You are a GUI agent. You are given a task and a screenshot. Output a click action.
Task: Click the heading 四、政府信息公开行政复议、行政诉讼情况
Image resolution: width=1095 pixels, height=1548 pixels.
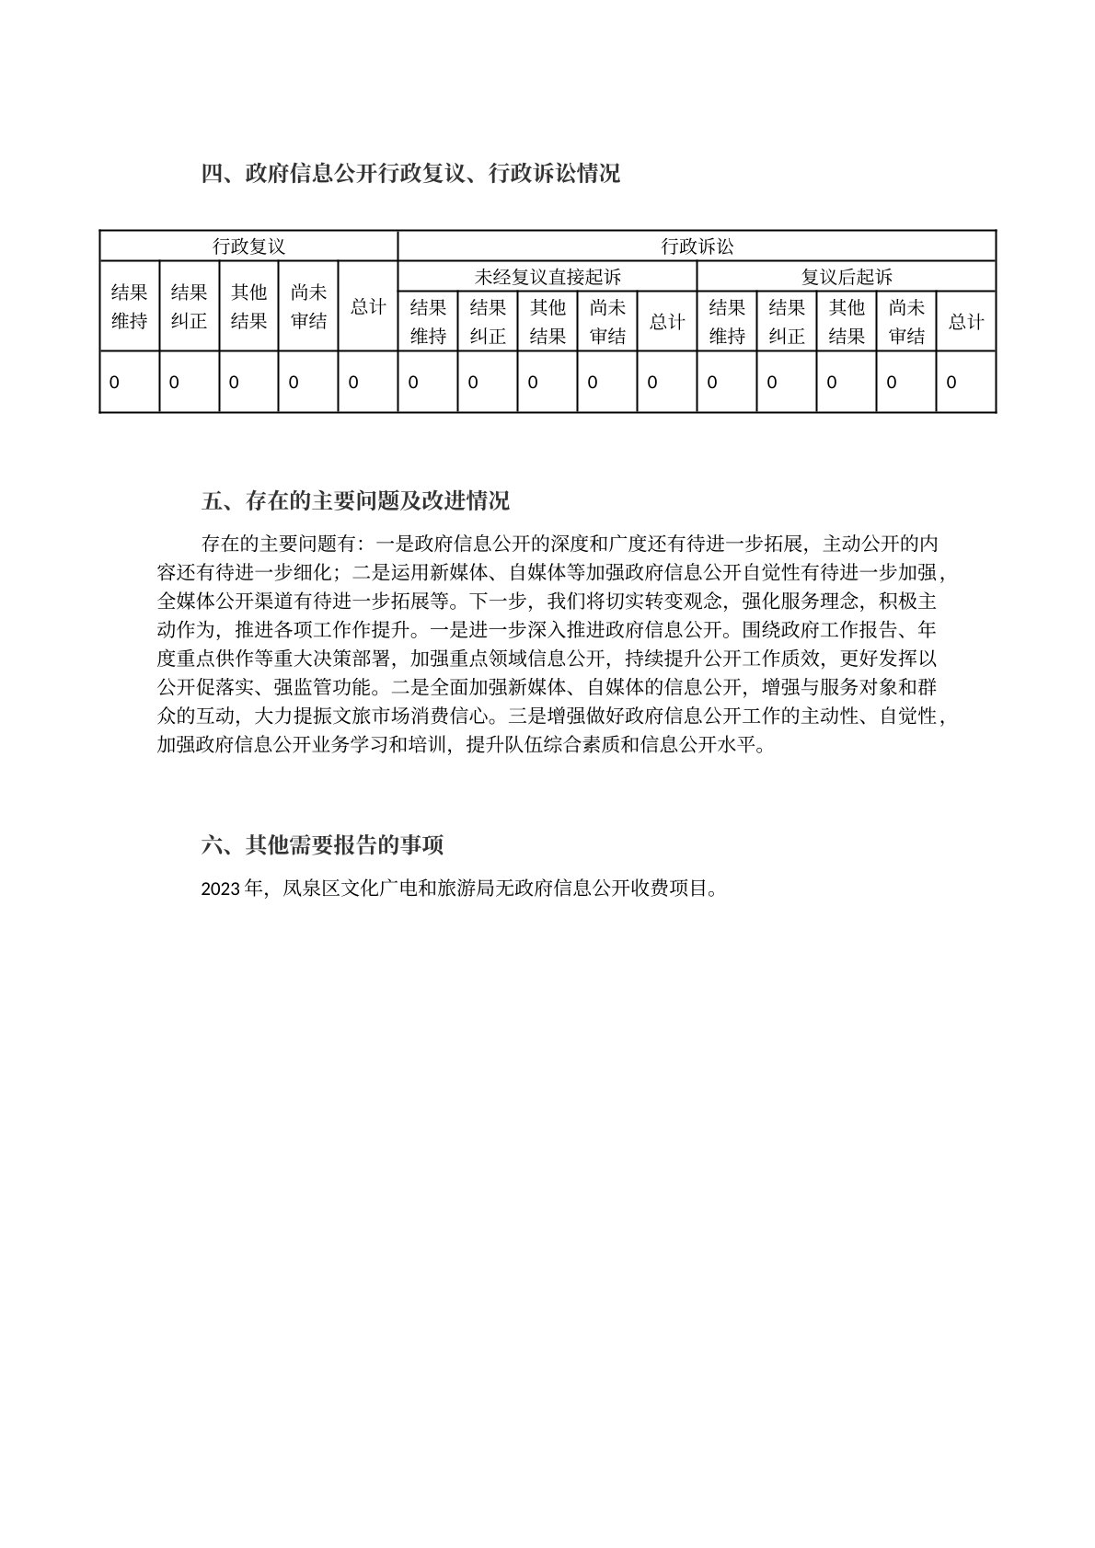click(410, 173)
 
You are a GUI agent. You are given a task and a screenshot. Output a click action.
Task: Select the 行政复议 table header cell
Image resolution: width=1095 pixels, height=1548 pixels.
click(248, 247)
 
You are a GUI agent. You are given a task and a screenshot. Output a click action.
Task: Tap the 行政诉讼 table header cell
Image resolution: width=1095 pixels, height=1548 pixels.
click(697, 247)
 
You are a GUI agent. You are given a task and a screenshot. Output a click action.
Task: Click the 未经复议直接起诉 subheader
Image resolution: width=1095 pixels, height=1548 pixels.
click(547, 277)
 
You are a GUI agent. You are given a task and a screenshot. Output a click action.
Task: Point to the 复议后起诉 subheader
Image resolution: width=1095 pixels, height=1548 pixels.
click(846, 277)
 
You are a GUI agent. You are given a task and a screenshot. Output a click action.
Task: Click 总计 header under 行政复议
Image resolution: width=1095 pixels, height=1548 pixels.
click(367, 306)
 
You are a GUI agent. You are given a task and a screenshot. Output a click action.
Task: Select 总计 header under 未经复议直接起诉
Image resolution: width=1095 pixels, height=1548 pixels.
click(666, 322)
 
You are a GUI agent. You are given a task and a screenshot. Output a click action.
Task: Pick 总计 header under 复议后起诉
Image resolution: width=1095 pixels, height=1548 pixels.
click(965, 322)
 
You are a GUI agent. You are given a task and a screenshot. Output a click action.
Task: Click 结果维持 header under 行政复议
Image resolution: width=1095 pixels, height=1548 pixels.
click(129, 306)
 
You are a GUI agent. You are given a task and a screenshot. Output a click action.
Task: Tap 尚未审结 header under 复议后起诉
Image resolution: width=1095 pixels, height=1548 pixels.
click(905, 322)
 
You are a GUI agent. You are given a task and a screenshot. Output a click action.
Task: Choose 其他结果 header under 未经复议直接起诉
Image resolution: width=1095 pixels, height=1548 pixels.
click(547, 322)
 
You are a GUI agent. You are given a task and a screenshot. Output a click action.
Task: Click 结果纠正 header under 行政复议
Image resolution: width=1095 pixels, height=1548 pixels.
click(189, 306)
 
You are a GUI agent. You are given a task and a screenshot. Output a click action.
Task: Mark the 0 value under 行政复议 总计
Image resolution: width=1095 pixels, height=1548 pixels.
click(354, 383)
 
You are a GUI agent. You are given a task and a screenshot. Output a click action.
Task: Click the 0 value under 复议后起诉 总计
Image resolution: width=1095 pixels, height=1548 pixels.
click(951, 383)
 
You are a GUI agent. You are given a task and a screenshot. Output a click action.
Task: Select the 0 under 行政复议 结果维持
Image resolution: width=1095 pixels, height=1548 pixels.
click(114, 383)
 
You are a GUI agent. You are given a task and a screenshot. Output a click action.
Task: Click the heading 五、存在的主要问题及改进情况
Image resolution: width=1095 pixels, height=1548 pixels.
click(355, 501)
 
